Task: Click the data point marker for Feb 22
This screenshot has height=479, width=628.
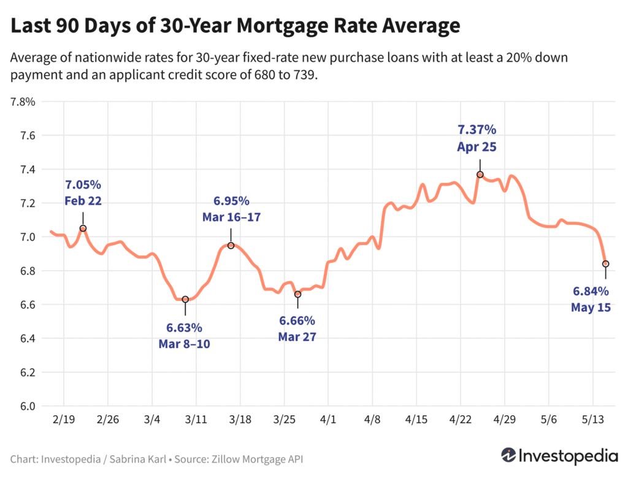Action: pos(83,228)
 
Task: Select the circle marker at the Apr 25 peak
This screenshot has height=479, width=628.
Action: pos(480,174)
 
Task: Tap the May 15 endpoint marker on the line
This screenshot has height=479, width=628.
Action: pos(606,264)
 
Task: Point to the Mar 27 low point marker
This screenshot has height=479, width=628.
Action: pos(297,294)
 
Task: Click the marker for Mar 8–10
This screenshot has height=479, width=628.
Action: pos(185,299)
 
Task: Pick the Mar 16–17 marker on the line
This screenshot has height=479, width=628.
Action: pos(231,246)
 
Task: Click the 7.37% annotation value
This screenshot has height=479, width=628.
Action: pos(477,130)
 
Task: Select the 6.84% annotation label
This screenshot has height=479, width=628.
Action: pos(591,291)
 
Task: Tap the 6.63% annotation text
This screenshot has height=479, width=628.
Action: pos(184,327)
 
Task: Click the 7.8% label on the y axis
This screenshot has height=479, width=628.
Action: pos(23,102)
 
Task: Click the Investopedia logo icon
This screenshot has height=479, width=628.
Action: pos(508,456)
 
